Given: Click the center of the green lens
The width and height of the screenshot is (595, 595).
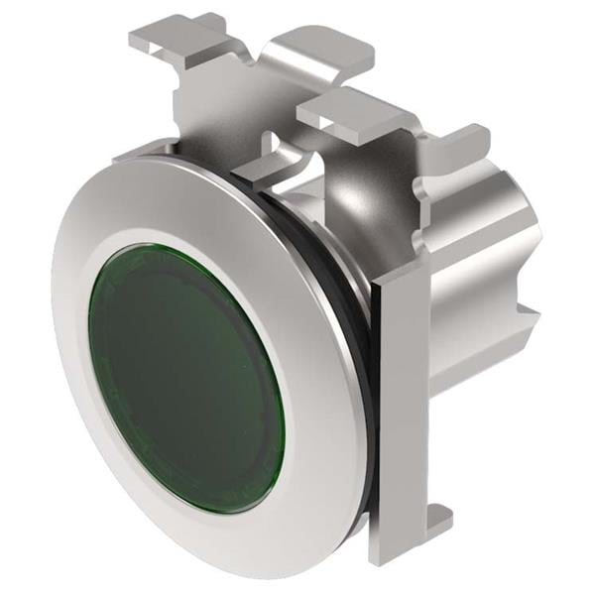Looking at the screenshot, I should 185,377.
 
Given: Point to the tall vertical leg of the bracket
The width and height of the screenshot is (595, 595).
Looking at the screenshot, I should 402,397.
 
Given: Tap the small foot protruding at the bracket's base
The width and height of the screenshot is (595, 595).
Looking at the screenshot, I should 436,521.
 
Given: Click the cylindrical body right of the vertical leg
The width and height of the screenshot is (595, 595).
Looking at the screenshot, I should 476,317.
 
